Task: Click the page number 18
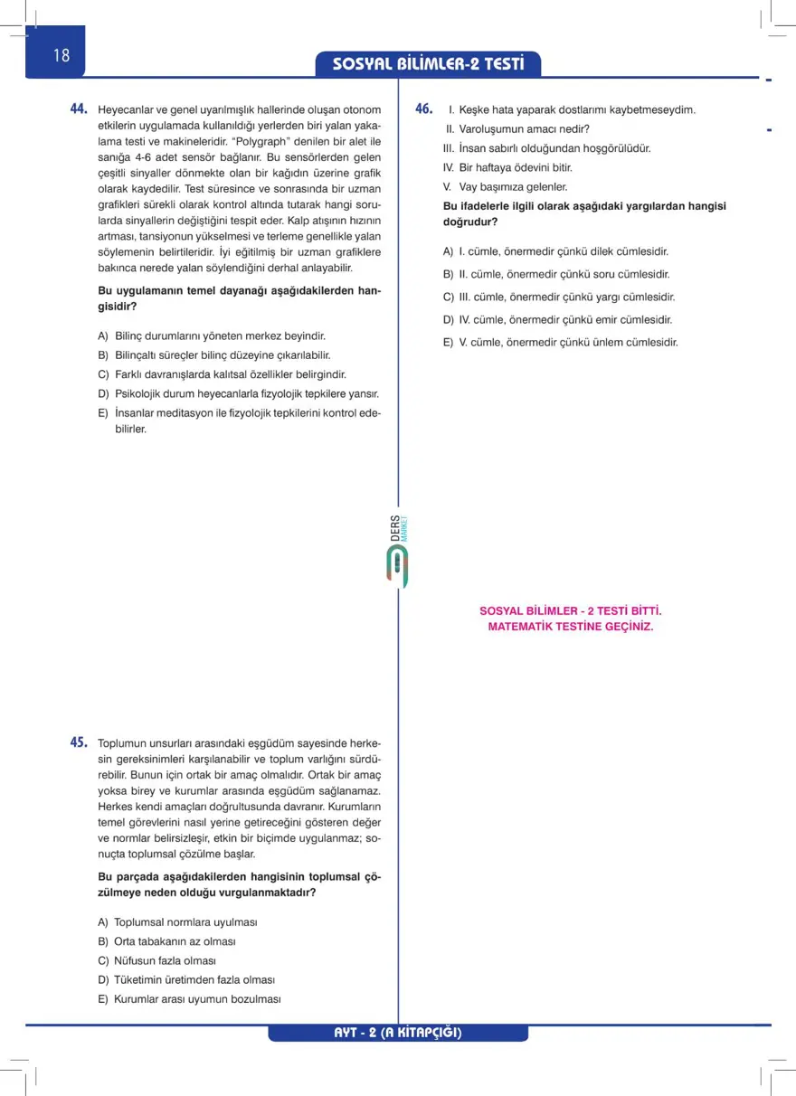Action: [x=61, y=55]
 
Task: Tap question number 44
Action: [x=79, y=109]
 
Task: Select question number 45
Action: [x=79, y=742]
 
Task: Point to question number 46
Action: [x=423, y=109]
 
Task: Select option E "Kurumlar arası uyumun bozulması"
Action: [x=189, y=999]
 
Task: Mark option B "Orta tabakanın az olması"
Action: [x=166, y=941]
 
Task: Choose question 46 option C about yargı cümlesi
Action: [x=558, y=297]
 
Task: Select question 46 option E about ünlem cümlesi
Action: [x=560, y=342]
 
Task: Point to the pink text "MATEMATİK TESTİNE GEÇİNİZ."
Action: [x=570, y=626]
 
